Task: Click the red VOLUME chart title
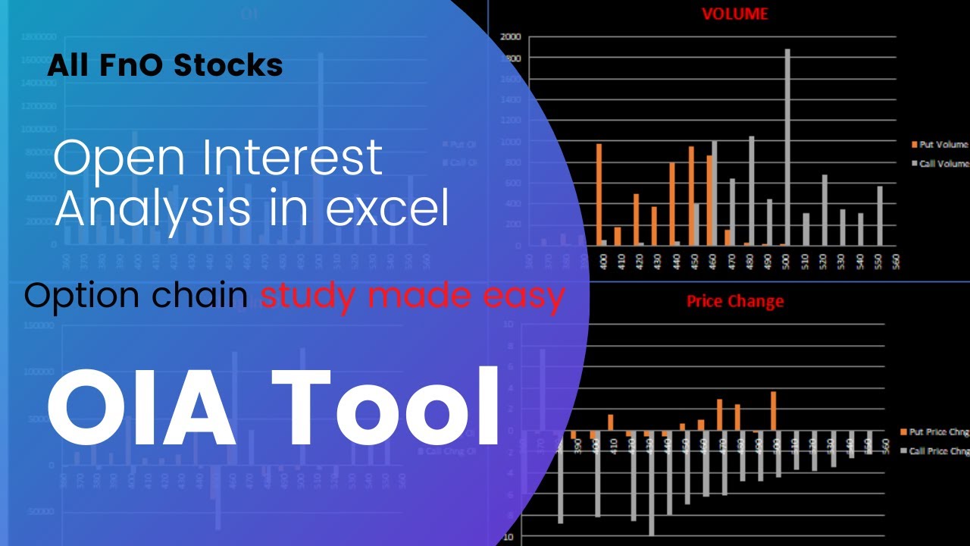pyautogui.click(x=734, y=14)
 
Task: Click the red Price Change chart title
pyautogui.click(x=734, y=301)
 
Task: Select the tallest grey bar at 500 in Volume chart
pyautogui.click(x=787, y=148)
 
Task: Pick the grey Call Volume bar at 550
pyautogui.click(x=880, y=216)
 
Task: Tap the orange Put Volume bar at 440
pyautogui.click(x=671, y=204)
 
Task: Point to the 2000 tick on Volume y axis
pyautogui.click(x=510, y=36)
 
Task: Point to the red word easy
pyautogui.click(x=527, y=297)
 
